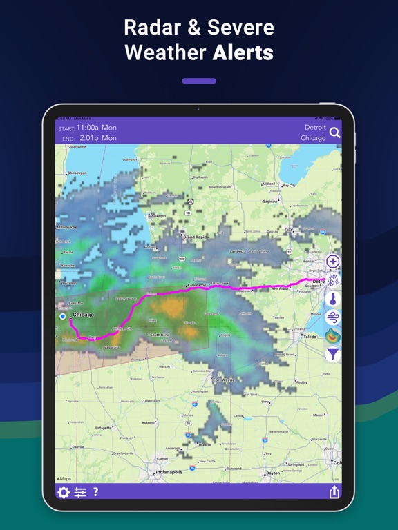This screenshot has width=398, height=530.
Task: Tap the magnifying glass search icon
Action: coord(335,132)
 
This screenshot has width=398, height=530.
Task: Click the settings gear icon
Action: coord(64,492)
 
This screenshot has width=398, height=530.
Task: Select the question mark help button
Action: coord(95,492)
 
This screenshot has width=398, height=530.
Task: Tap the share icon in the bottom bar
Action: coord(334,492)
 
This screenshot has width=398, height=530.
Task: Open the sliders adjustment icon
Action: coord(80,492)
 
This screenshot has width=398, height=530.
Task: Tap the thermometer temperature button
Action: coord(333,300)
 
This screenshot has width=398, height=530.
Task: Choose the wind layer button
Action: coord(333,317)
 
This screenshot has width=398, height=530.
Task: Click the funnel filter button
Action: coord(333,355)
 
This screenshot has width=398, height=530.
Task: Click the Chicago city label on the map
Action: coord(84,315)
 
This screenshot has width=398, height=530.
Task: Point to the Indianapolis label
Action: coord(168,473)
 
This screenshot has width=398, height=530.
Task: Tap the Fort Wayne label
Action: coord(223,380)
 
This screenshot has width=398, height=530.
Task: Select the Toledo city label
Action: coord(311,337)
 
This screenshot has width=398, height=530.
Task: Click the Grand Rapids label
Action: coord(196,237)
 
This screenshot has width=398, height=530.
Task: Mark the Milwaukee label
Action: coord(67,226)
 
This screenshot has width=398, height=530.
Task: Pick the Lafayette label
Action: coord(103,429)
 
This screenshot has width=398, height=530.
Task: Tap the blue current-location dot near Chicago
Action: coord(63,317)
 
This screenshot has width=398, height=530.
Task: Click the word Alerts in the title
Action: coord(243,52)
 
